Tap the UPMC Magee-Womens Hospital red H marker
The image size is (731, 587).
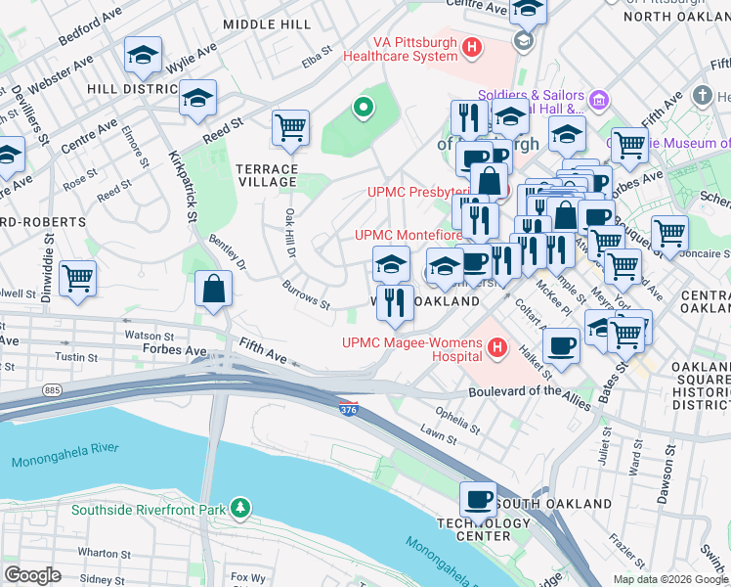(x=497, y=347)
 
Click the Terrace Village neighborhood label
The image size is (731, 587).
(x=266, y=175)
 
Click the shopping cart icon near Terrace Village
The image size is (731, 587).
(x=290, y=128)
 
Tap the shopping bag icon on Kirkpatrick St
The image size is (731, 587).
(x=213, y=291)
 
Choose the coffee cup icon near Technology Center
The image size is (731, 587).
(x=478, y=500)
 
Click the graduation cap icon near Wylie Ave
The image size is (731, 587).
(x=144, y=57)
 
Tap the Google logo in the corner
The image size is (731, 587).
(x=32, y=575)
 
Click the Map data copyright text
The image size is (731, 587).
(x=670, y=578)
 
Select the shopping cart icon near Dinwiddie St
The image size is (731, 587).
(x=77, y=278)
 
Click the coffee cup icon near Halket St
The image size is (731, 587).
(x=562, y=345)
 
